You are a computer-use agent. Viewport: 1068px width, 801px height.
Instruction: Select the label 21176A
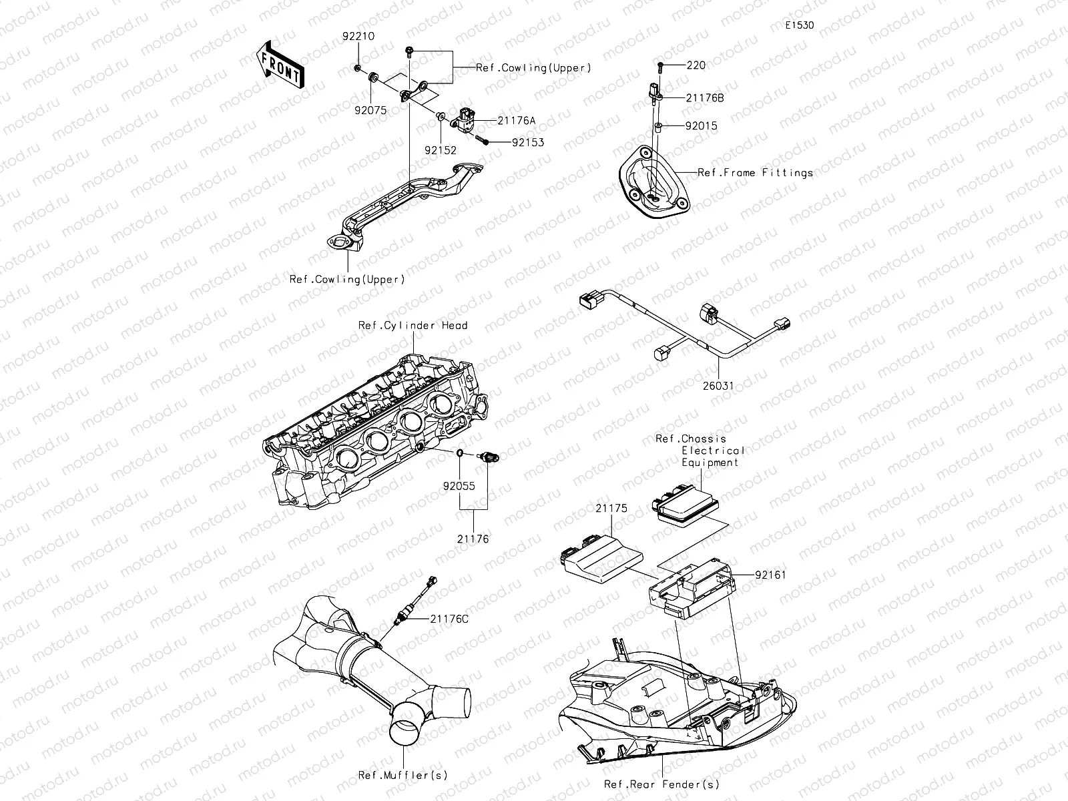pyautogui.click(x=516, y=121)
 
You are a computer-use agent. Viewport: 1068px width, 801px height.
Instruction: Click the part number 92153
pyautogui.click(x=527, y=142)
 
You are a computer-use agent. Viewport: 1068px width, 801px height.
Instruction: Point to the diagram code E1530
pyautogui.click(x=799, y=26)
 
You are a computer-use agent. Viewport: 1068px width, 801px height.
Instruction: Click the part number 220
pyautogui.click(x=696, y=65)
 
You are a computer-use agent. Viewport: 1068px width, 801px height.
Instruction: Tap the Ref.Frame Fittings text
pyautogui.click(x=755, y=173)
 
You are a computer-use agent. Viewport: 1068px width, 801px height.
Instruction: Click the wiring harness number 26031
pyautogui.click(x=719, y=385)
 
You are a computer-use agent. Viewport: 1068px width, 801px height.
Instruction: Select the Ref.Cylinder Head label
pyautogui.click(x=413, y=326)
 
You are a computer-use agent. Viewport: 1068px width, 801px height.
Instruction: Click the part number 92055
pyautogui.click(x=459, y=486)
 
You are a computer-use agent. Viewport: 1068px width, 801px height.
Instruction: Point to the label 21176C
pyautogui.click(x=449, y=619)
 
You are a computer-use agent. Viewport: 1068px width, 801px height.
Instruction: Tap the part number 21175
pyautogui.click(x=611, y=509)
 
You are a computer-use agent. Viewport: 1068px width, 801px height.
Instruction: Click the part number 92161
pyautogui.click(x=770, y=574)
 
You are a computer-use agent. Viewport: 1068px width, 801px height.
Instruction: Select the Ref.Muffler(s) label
pyautogui.click(x=403, y=775)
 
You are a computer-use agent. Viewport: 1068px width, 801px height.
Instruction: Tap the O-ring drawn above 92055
pyautogui.click(x=461, y=455)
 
